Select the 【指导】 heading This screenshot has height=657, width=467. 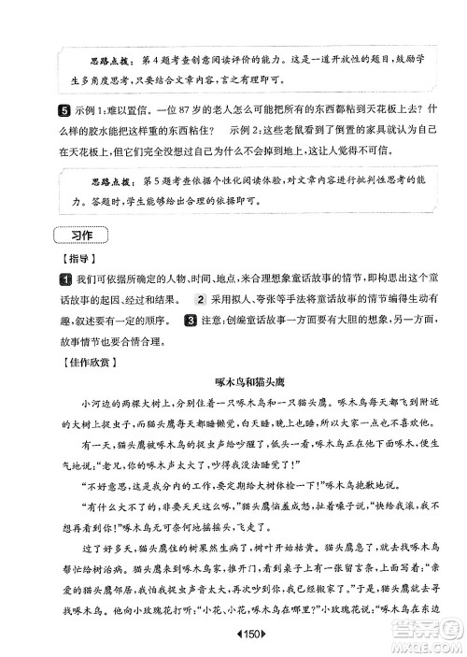[78, 255]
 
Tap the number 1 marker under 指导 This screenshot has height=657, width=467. [65, 277]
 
